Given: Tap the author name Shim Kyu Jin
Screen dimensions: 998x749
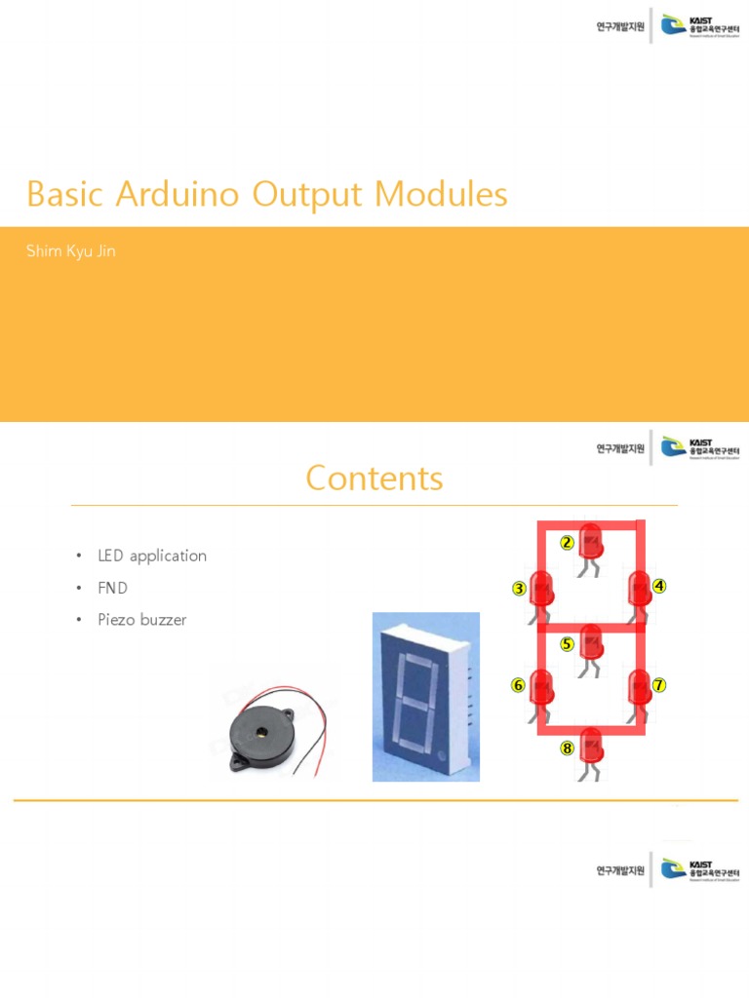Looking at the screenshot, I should [x=73, y=251].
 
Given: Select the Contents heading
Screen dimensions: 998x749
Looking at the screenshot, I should [x=374, y=479].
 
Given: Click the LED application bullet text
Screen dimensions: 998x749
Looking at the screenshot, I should [x=151, y=556].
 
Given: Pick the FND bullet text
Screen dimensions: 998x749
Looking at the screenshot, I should [x=112, y=588].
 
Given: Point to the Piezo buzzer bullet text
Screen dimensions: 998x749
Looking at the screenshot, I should [x=141, y=619].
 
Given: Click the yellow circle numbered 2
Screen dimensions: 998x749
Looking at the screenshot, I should [x=566, y=543].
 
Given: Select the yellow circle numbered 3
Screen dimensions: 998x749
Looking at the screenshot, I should [x=519, y=589].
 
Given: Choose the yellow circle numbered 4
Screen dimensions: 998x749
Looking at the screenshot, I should [x=659, y=586].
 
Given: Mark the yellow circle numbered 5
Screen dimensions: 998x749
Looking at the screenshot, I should [x=568, y=643].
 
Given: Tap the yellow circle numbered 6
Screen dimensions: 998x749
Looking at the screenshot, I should [x=519, y=685].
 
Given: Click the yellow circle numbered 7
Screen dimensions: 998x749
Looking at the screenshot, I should [x=659, y=685].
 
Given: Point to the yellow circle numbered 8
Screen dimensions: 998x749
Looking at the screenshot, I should [x=567, y=748].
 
